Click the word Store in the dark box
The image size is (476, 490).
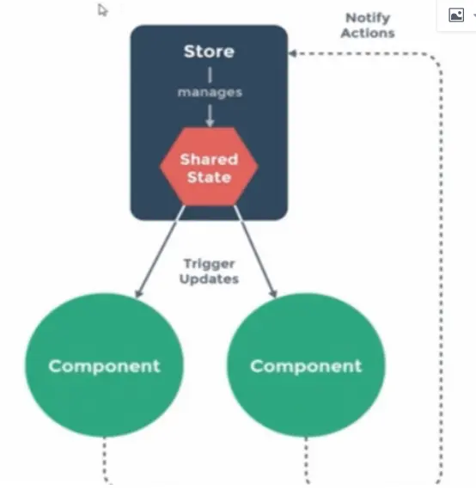point(209,52)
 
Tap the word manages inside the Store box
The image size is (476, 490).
point(210,93)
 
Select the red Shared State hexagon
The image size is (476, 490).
point(209,167)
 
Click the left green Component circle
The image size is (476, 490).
point(104,365)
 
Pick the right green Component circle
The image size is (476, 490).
point(306,365)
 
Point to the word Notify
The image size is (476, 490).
point(368,18)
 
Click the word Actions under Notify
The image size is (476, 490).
point(368,34)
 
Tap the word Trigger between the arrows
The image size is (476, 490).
point(210,265)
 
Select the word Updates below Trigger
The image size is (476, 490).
point(210,279)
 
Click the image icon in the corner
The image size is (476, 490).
point(456,15)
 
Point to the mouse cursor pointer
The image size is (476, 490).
point(102,10)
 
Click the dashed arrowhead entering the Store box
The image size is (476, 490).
point(292,53)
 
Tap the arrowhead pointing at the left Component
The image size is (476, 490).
point(138,293)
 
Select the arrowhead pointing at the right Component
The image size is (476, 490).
point(273,293)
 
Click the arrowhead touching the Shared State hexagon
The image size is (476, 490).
point(210,123)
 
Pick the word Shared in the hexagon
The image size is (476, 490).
point(209,159)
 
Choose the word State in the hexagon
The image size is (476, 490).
point(209,177)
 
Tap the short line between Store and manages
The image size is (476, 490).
point(210,75)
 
